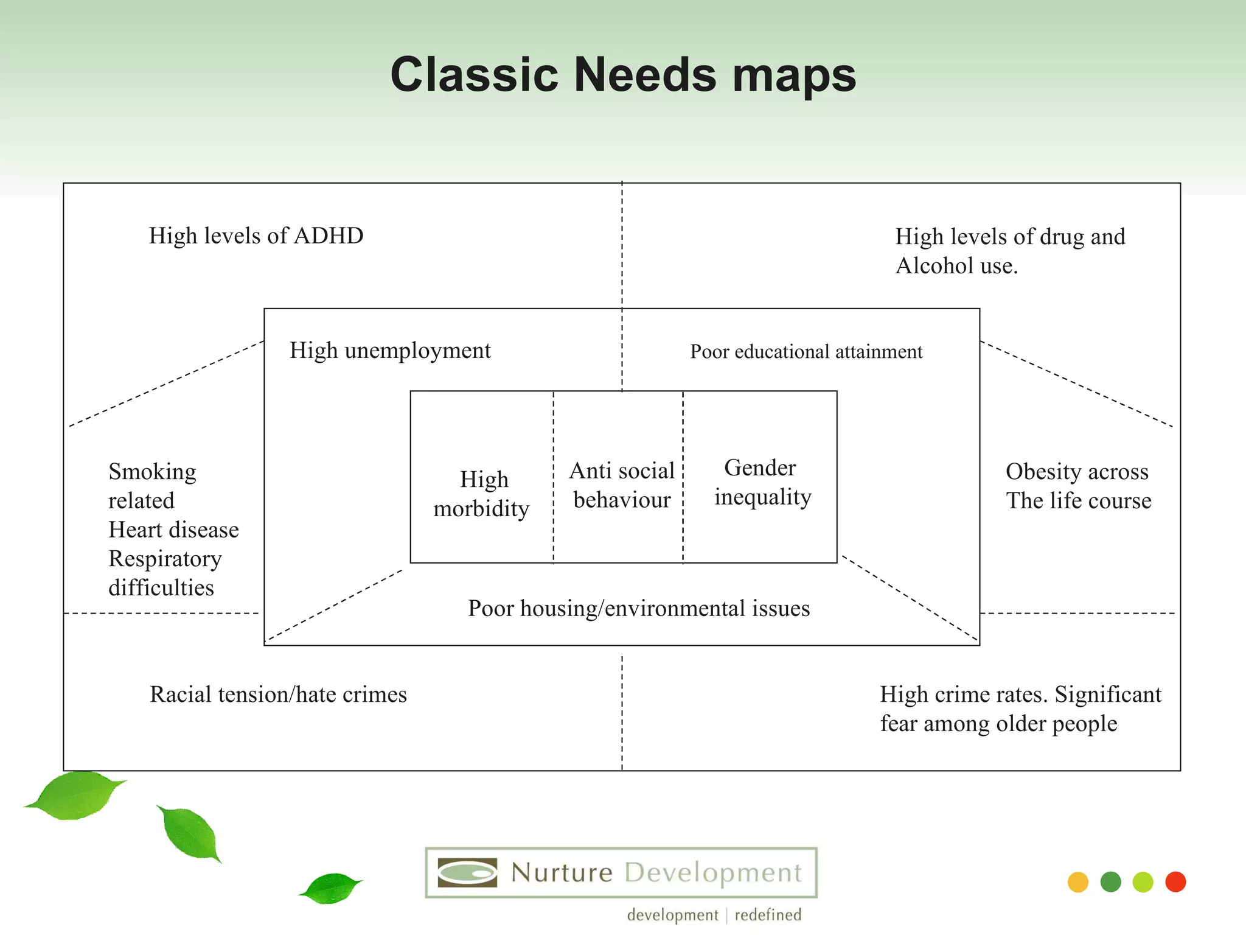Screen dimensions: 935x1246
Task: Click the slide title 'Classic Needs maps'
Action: (x=623, y=75)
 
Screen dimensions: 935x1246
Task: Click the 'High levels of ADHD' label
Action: (x=256, y=236)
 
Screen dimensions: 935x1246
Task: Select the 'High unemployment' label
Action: (x=390, y=351)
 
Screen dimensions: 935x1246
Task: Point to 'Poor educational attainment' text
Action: (x=806, y=352)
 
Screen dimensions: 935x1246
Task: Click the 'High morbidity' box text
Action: (x=482, y=494)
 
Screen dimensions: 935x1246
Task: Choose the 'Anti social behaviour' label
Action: (x=622, y=485)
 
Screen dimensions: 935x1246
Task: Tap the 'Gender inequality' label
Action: (x=762, y=482)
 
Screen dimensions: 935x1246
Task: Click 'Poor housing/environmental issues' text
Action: (x=639, y=608)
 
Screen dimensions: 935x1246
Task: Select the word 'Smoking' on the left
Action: (x=152, y=472)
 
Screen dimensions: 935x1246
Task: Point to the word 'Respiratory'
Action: (x=165, y=559)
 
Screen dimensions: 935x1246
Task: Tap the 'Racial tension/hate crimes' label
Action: (x=278, y=695)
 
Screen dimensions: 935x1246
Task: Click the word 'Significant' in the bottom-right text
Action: (x=1108, y=695)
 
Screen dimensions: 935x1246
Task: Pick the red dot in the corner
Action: (x=1175, y=882)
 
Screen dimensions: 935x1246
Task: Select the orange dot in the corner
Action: (x=1078, y=882)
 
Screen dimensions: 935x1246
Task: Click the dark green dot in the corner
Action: (x=1111, y=882)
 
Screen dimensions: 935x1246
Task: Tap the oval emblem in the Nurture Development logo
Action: (x=467, y=873)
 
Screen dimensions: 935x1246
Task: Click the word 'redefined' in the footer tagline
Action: (x=768, y=915)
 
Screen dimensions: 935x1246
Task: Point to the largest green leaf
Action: (x=76, y=795)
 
